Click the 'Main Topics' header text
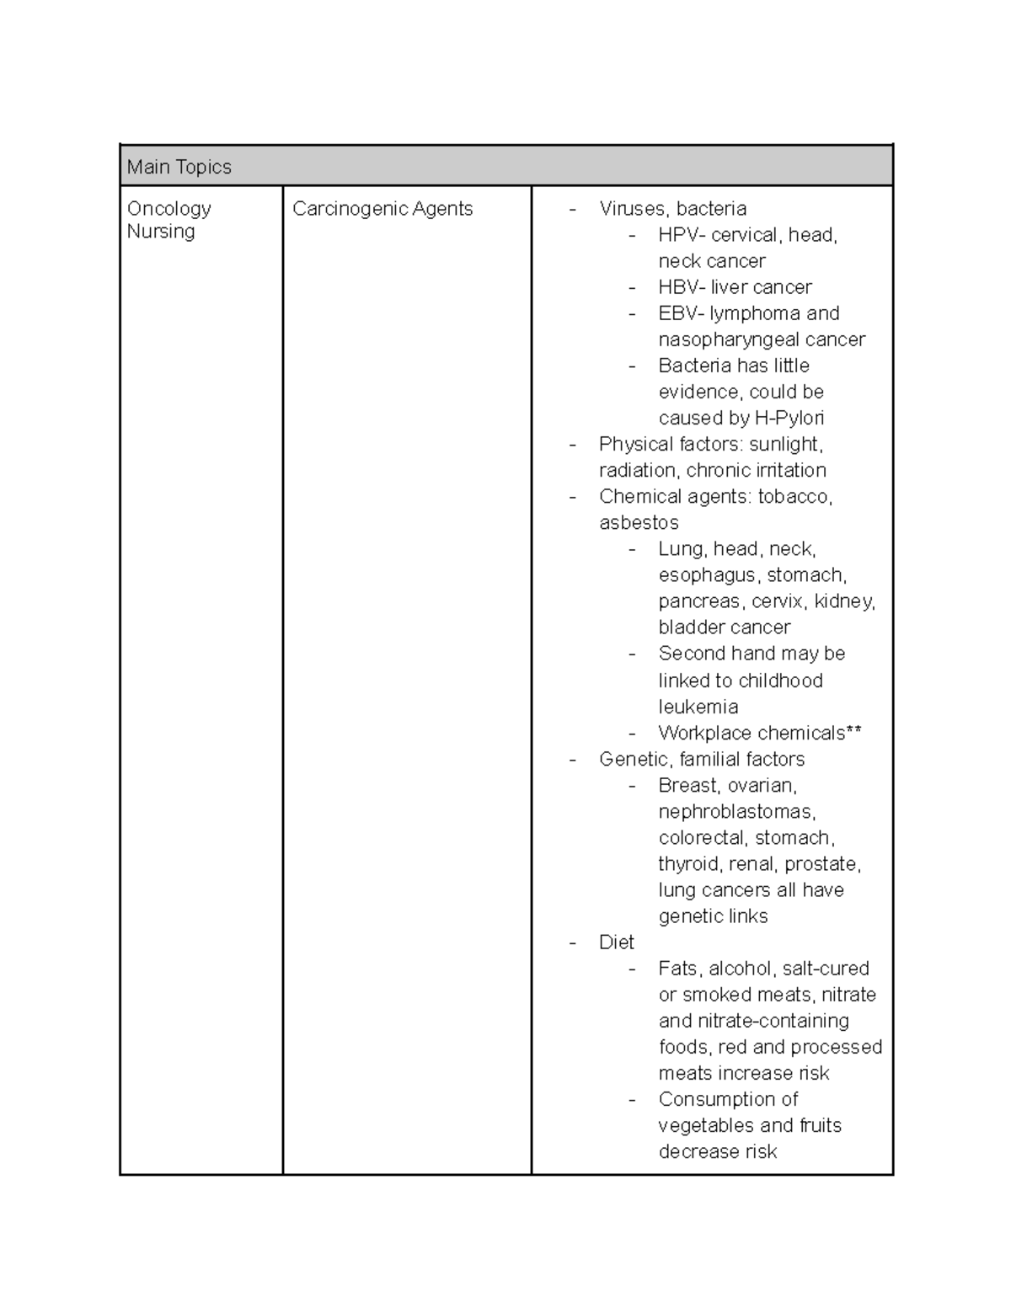tap(179, 167)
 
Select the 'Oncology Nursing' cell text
tap(168, 219)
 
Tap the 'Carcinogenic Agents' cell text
tap(382, 209)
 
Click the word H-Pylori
tap(789, 418)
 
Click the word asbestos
tap(639, 523)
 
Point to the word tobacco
tap(794, 496)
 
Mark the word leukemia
tap(698, 707)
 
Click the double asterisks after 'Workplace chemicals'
tap(854, 732)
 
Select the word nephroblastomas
tap(736, 812)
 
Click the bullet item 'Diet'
tap(616, 942)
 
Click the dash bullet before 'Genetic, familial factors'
tap(573, 760)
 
